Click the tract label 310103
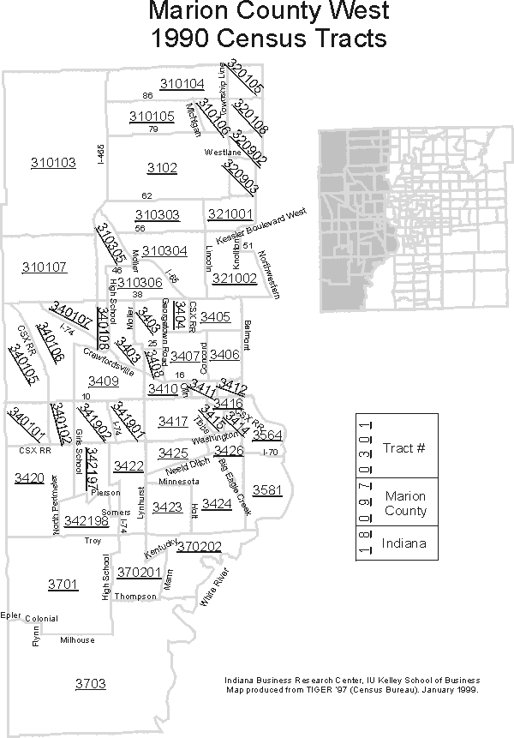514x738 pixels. (53, 162)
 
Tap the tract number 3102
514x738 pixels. (162, 168)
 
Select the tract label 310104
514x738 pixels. (182, 83)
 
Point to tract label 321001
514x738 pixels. (230, 213)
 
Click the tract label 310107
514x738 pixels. (45, 267)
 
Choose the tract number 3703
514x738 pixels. (90, 683)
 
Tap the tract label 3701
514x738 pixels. (63, 585)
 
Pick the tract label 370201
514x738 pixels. (140, 572)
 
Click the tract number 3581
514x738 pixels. (267, 490)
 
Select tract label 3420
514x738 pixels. (29, 477)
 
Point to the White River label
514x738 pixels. (215, 587)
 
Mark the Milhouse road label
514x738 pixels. (77, 640)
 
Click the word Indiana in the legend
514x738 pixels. (405, 543)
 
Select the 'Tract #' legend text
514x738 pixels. (404, 447)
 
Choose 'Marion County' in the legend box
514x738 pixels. (405, 503)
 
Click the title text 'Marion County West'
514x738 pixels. (268, 12)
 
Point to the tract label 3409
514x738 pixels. (104, 381)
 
